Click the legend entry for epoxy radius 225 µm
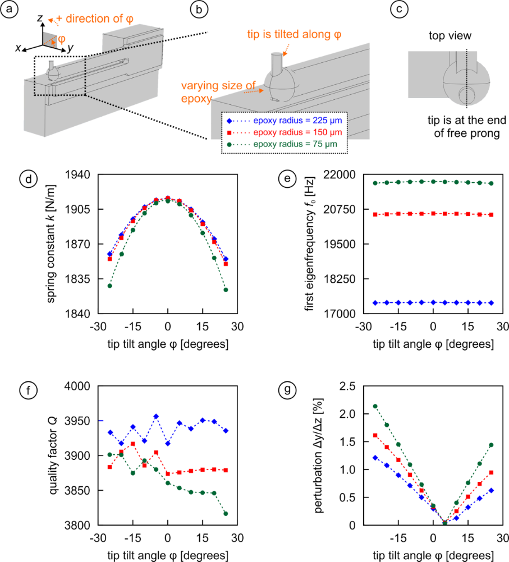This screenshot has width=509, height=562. [x=285, y=120]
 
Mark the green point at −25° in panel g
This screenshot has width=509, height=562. [x=375, y=406]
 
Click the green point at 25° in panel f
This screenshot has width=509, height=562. [x=226, y=514]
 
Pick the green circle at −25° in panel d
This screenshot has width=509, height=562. [x=110, y=286]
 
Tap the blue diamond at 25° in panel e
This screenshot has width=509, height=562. [x=491, y=303]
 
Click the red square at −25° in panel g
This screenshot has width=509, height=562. [x=375, y=435]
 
